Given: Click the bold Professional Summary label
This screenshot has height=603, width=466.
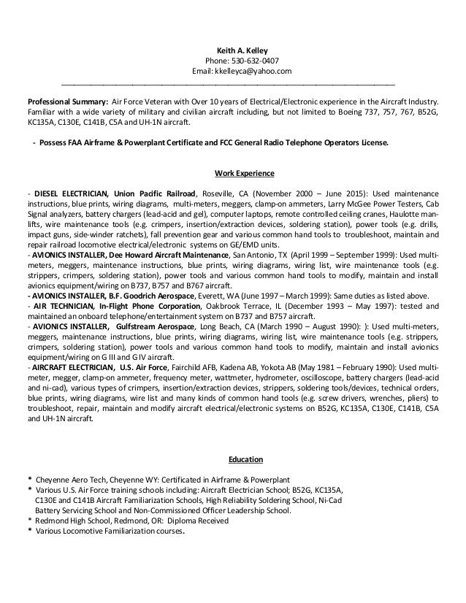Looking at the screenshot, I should point(67,101).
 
